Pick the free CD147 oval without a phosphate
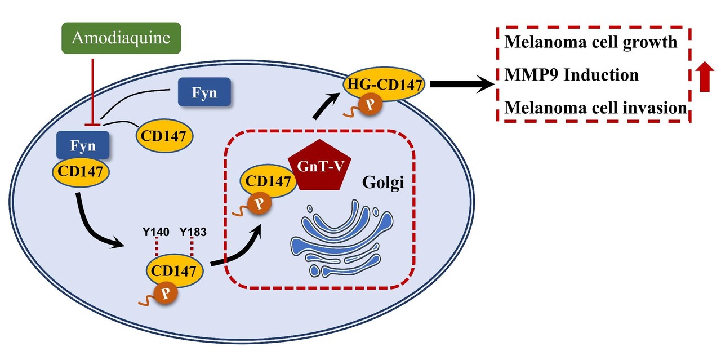coord(163,135)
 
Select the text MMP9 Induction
coord(572,74)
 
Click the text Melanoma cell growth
coord(591,42)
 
